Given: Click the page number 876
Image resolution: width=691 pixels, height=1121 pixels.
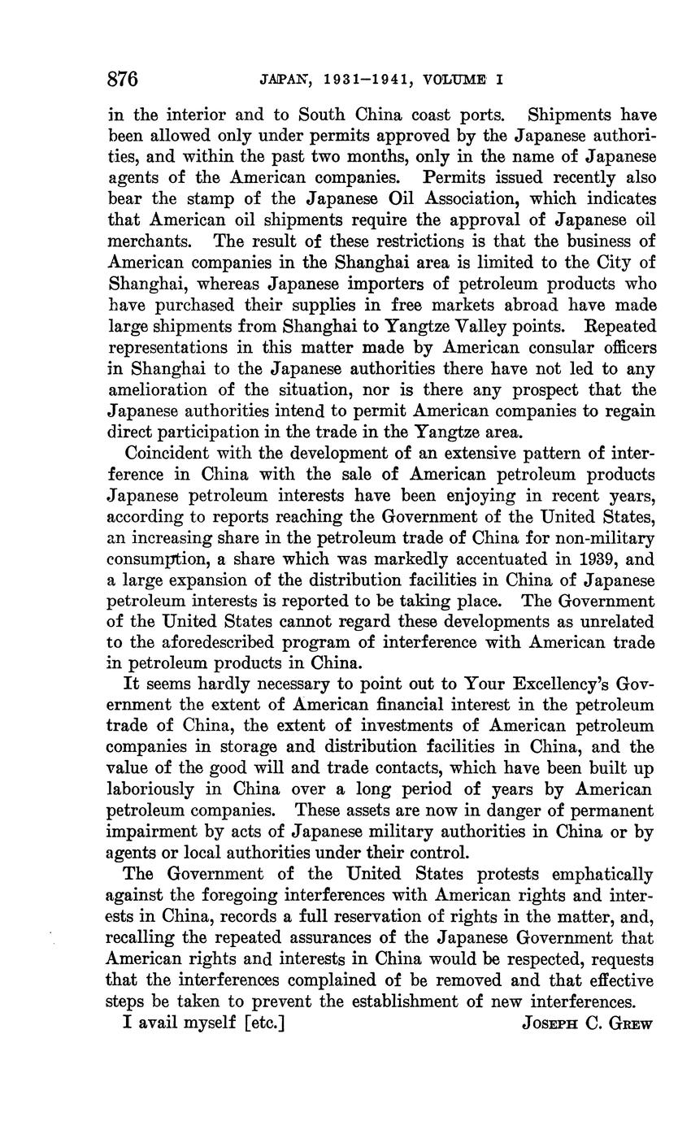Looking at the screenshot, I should pos(123,80).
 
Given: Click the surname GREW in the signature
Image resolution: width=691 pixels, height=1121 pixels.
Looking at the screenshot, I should pos(629,1023).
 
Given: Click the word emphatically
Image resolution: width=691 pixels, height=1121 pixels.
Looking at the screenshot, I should pos(602,874).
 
